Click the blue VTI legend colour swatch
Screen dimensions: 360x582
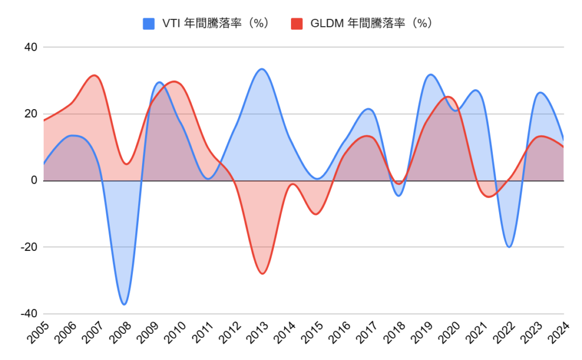pos(149,23)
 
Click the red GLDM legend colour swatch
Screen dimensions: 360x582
pos(297,23)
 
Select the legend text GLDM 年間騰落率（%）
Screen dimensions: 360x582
pos(371,23)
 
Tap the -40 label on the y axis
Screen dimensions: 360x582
pos(28,314)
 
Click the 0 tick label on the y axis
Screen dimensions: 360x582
pos(34,181)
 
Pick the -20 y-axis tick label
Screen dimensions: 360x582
pos(28,247)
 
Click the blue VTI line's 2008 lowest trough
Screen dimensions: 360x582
pos(124,304)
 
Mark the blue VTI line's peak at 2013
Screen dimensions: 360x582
pos(261,69)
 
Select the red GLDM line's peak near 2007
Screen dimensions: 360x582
pos(94,75)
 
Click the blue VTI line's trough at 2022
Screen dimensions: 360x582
pos(509,247)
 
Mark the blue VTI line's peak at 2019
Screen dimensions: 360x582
pos(430,75)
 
